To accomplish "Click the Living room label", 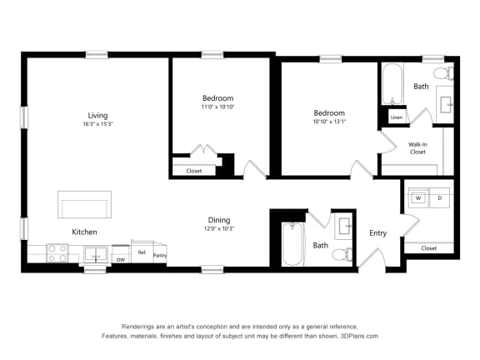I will tap(97, 115).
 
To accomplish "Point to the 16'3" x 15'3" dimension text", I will tap(97, 124).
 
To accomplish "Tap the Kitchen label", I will tap(84, 232).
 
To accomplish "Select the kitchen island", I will tap(84, 204).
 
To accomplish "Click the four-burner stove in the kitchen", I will tap(57, 252).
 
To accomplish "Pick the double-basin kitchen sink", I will tap(95, 254).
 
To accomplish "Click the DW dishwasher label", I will tap(121, 259).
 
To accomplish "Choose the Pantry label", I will tap(159, 256).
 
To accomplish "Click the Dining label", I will tap(219, 220).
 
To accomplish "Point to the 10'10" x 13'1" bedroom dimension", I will tap(328, 122).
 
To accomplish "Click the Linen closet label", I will tap(396, 118).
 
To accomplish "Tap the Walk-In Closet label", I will tap(417, 148).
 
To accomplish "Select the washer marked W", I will tap(417, 198).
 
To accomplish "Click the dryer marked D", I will tap(439, 198).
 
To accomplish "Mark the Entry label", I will tap(377, 232).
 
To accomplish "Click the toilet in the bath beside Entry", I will tap(340, 252).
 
